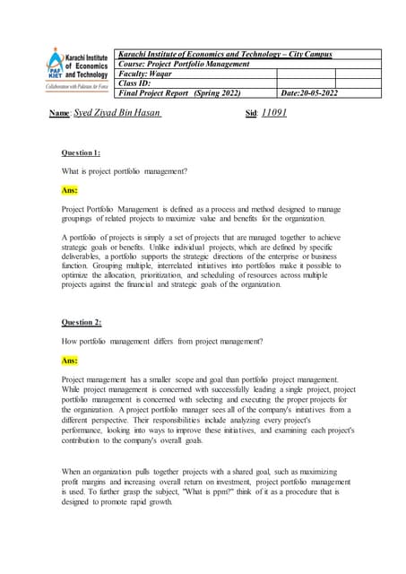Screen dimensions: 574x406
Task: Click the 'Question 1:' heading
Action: [81, 153]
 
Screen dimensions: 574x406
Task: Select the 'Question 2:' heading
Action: [81, 322]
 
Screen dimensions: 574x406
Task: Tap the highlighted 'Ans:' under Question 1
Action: [69, 191]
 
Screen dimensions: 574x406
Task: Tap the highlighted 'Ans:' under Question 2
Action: [69, 360]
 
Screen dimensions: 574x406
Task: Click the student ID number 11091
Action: [273, 115]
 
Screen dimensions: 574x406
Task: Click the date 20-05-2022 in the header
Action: [310, 93]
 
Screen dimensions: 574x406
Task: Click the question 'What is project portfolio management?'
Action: [124, 171]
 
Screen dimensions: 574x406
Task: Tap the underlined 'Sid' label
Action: [251, 116]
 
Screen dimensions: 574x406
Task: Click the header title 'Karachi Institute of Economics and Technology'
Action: [224, 54]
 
